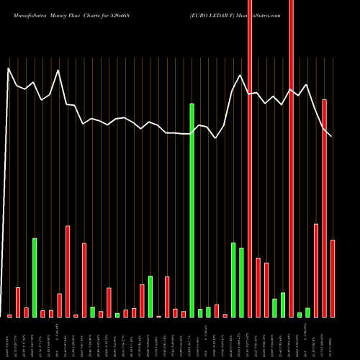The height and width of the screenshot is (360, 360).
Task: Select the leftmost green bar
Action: [35, 278]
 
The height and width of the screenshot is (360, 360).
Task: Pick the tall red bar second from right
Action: [325, 209]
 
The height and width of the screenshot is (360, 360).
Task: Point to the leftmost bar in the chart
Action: [10, 315]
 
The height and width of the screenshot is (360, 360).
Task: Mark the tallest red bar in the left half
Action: [68, 271]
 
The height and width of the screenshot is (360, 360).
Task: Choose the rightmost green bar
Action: [308, 312]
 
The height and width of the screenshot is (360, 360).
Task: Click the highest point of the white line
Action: [9, 68]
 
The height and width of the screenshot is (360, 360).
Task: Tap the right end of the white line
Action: [332, 137]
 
